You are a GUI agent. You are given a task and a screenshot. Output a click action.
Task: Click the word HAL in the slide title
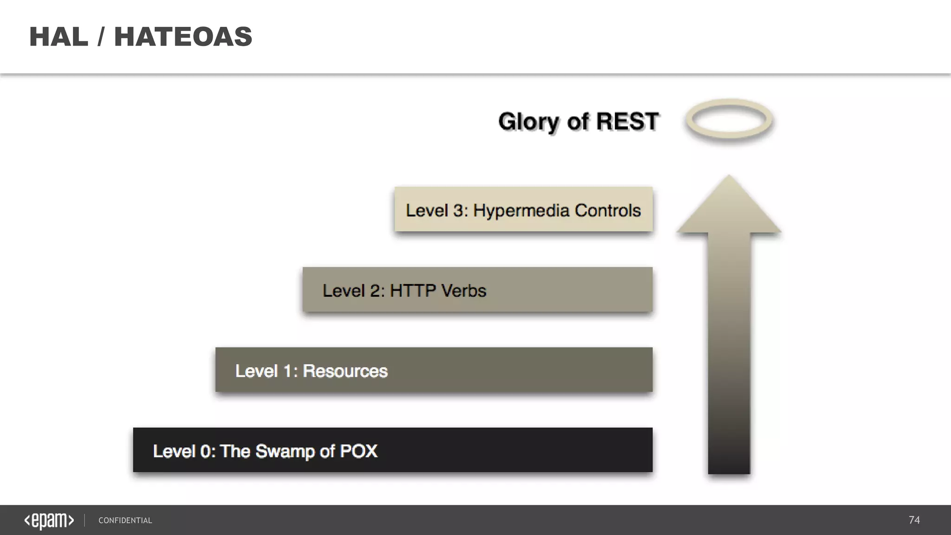[59, 37]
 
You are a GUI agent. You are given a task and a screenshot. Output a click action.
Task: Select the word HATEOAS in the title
[183, 37]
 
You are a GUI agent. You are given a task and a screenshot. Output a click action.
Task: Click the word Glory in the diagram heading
[528, 122]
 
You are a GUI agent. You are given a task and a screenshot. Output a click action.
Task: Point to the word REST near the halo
[627, 122]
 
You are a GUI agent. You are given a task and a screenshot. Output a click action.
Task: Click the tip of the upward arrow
[729, 179]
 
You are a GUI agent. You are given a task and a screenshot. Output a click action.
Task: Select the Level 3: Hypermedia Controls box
[523, 209]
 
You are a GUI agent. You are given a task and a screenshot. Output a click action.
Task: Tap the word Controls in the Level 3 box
[607, 210]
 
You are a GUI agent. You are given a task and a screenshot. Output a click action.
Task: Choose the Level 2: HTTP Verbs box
[477, 290]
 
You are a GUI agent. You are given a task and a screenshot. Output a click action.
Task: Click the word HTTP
[412, 291]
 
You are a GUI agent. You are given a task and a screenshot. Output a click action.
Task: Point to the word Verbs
[463, 291]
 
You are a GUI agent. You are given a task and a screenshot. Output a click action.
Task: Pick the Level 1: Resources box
[434, 370]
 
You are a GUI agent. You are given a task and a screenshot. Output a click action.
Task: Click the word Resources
[345, 371]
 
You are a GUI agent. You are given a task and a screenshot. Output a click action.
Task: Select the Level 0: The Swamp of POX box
[392, 450]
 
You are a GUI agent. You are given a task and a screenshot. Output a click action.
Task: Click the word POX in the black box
[358, 451]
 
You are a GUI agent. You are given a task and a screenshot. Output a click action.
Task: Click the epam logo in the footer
[49, 521]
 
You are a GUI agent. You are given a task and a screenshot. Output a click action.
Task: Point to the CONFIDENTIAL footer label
[125, 521]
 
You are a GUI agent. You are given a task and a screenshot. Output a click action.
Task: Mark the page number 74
[914, 520]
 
